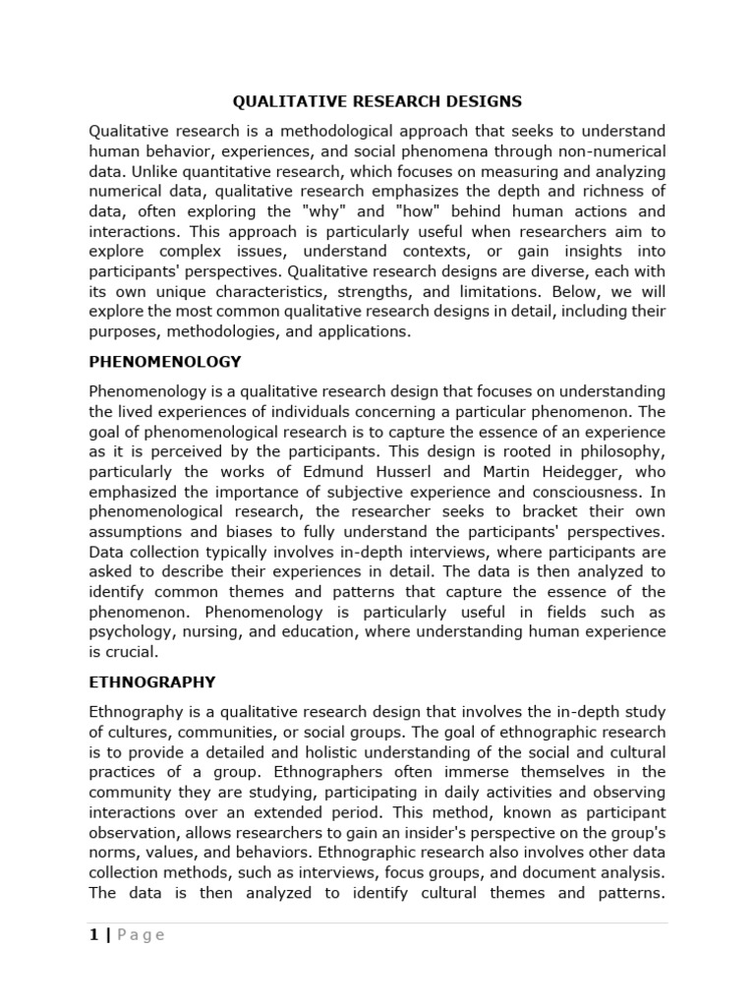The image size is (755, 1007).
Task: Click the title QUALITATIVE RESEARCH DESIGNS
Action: (377, 100)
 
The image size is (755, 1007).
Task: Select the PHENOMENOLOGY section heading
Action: (164, 362)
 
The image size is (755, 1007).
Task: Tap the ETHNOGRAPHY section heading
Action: (152, 681)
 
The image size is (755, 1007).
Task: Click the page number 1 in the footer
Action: (93, 935)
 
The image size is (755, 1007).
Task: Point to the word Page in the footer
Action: (141, 935)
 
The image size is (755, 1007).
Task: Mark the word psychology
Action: (134, 631)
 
